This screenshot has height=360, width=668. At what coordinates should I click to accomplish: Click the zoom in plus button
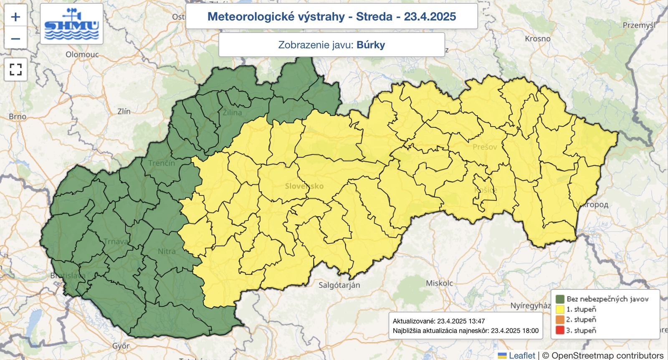15,17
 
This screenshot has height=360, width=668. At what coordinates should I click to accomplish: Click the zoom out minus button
15,38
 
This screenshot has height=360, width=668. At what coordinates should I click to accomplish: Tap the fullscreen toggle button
15,69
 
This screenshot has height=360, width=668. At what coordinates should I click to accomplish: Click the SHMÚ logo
71,24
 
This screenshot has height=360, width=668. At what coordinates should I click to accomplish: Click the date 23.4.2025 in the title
430,17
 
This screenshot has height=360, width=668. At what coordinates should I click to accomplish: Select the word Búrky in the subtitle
371,45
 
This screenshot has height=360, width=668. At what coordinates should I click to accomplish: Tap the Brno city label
18,117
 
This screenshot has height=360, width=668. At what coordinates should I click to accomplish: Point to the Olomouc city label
82,54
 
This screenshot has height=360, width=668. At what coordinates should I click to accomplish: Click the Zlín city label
124,112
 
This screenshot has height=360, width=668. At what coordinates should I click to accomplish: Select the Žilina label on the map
232,112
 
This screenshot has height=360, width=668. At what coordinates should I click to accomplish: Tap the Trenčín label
162,163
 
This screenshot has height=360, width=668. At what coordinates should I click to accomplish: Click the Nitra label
167,251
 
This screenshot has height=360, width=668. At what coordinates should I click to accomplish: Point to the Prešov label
485,147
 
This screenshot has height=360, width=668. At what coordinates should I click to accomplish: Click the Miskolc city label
439,283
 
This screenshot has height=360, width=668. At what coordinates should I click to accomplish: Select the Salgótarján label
339,285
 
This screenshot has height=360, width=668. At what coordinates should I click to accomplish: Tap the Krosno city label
538,39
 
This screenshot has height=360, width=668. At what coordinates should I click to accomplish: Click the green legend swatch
560,299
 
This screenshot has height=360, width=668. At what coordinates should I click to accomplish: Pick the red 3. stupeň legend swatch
560,330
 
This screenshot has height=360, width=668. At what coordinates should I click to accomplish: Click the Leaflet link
521,355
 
